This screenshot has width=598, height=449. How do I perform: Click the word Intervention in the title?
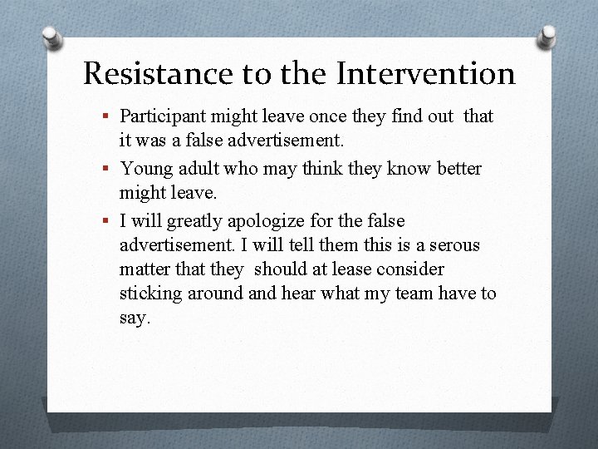tap(426, 74)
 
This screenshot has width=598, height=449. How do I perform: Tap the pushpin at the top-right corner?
tap(547, 37)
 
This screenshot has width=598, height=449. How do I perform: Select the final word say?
tap(135, 318)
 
